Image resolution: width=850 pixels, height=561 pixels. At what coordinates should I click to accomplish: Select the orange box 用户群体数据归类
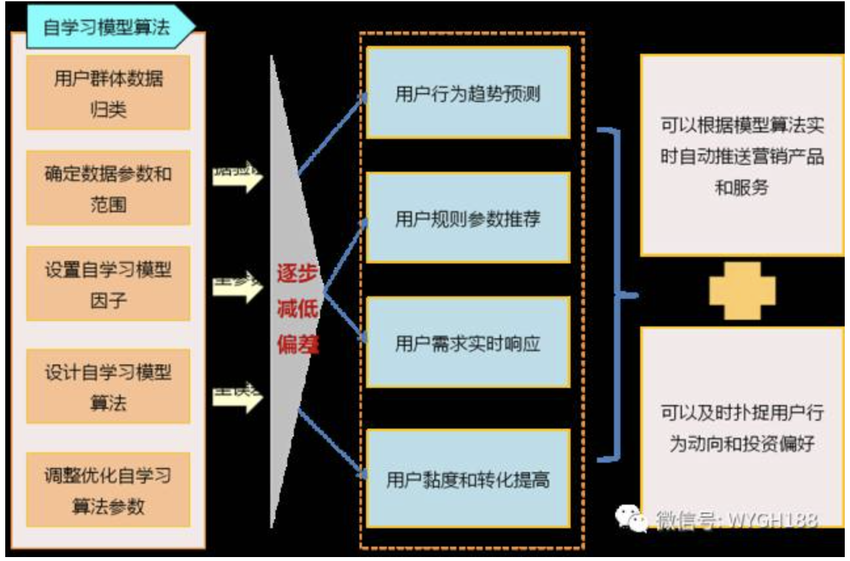pos(108,92)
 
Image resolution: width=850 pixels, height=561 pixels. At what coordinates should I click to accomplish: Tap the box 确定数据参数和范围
pos(108,189)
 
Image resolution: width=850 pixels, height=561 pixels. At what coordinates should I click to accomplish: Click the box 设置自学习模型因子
pos(108,284)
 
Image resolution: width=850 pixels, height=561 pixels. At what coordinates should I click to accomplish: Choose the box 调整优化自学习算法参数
pos(108,490)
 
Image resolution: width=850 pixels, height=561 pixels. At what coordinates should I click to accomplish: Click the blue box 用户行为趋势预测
pos(468,93)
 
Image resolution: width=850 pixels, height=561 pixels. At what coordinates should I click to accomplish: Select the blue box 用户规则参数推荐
pos(468,218)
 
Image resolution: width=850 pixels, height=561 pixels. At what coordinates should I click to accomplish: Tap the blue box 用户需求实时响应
pos(468,343)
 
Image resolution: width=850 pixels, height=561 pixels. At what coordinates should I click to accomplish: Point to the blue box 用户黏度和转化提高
pos(468,479)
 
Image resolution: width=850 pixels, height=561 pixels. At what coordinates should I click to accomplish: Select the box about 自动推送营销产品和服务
pos(742,156)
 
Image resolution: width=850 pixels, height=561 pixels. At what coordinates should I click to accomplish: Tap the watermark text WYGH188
pos(771,520)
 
